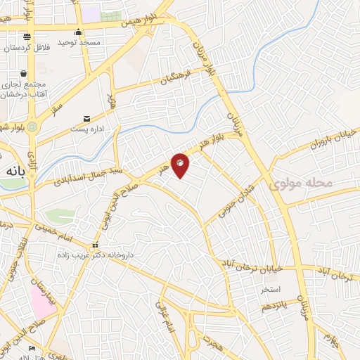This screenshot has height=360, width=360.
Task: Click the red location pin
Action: point(181,165)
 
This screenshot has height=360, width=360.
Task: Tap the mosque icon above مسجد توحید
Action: point(79,32)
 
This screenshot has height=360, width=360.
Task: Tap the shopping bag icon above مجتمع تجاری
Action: point(24,73)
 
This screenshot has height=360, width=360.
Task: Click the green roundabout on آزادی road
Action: point(32,125)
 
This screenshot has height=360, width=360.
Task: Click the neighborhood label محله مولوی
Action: point(300,184)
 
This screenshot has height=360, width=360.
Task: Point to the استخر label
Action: point(271,289)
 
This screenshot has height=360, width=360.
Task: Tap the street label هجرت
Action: point(211,342)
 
